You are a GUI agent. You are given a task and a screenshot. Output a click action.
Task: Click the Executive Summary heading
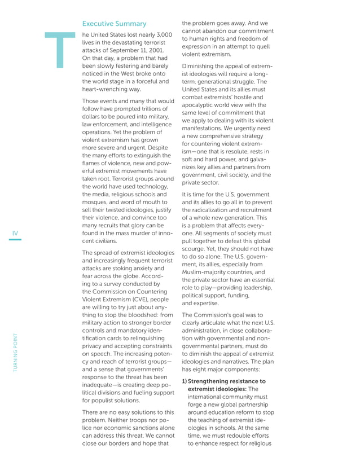[115, 24]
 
